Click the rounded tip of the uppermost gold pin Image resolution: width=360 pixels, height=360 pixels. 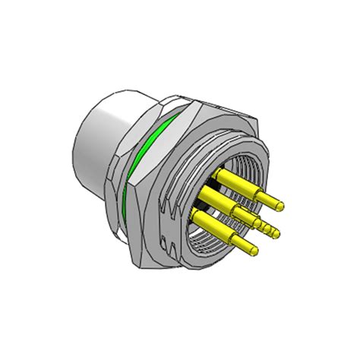pos(285,204)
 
